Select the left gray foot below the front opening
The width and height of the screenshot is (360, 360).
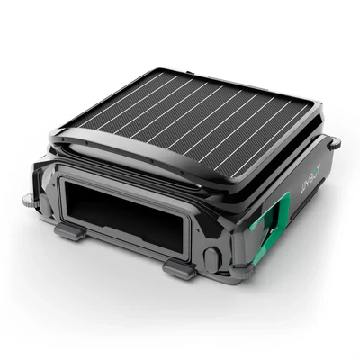pos(70,231)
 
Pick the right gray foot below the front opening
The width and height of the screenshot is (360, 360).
pos(180,267)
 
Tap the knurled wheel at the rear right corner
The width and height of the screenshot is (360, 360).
pos(334,143)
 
